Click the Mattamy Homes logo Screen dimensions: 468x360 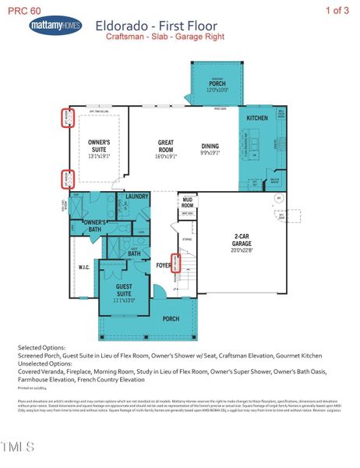point(55,27)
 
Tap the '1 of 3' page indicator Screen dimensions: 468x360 point(337,9)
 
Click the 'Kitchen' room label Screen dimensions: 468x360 point(258,117)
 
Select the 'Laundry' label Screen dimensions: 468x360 point(136,197)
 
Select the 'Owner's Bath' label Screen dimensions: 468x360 point(94,225)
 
